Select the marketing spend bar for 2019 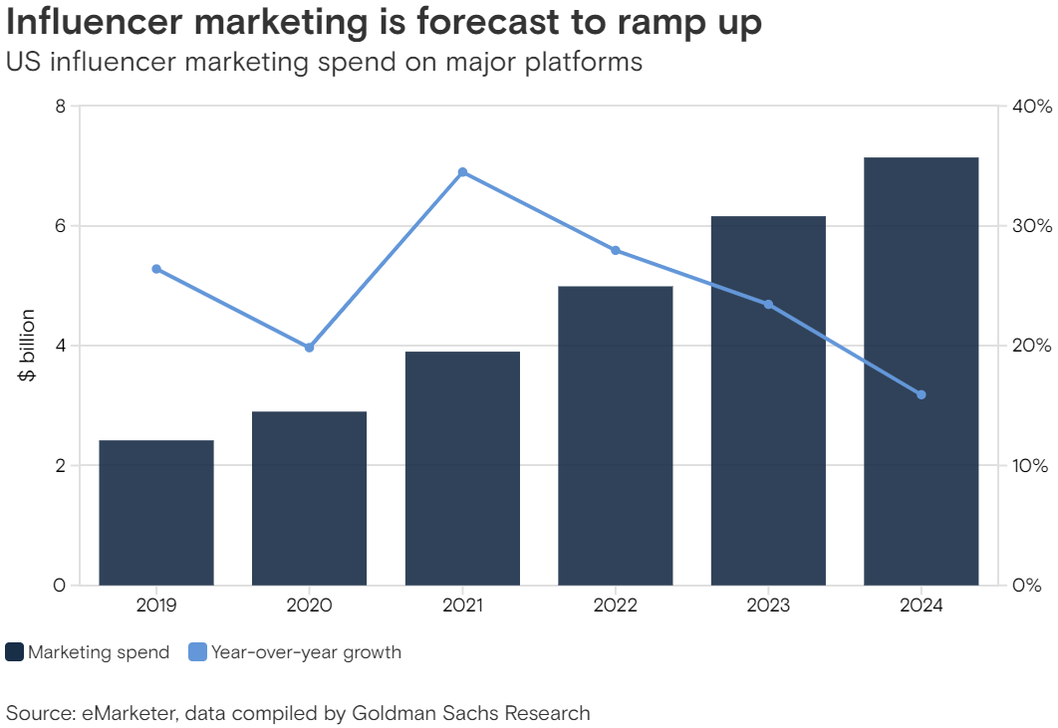[x=156, y=512]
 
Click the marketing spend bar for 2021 [x=462, y=468]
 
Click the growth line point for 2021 [x=462, y=172]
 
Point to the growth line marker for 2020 [x=309, y=348]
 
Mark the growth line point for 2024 [x=921, y=394]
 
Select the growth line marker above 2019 [x=156, y=269]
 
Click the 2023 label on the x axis [x=767, y=606]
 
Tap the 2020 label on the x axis [x=309, y=606]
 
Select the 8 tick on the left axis [x=60, y=107]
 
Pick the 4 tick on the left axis [x=60, y=346]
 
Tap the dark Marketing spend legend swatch [x=15, y=653]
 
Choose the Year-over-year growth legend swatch [x=197, y=653]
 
